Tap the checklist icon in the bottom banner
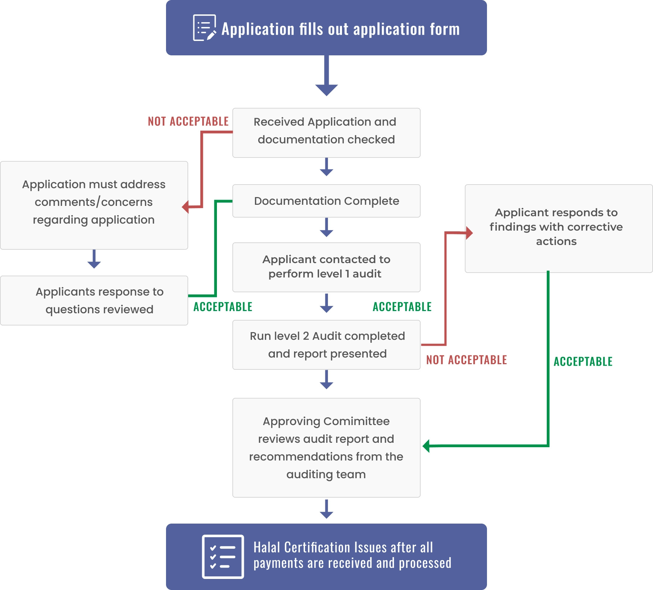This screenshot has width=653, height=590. [x=223, y=556]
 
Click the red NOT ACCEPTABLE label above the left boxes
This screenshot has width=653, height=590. [x=188, y=121]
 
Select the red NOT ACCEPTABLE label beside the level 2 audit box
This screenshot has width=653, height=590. [x=466, y=360]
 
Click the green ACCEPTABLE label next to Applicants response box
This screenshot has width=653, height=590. [x=223, y=307]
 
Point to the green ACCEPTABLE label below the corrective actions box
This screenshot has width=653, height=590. [x=583, y=361]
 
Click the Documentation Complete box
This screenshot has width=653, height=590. [x=326, y=201]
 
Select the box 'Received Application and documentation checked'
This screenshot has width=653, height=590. [x=326, y=133]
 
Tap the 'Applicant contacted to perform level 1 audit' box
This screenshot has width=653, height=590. [x=326, y=267]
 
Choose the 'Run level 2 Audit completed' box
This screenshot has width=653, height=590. [x=326, y=345]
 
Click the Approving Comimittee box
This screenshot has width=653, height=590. [x=326, y=448]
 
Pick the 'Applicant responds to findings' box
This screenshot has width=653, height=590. [x=559, y=228]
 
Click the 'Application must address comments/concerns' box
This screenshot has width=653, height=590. [x=94, y=205]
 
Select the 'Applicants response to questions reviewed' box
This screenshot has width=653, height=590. [x=94, y=300]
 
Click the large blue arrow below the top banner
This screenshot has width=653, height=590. [x=326, y=76]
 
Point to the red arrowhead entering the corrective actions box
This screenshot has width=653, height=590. [x=469, y=233]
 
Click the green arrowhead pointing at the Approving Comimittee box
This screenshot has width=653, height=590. [x=426, y=446]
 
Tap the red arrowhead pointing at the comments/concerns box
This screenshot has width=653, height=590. [x=186, y=207]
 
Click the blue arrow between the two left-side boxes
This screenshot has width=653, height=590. [x=94, y=259]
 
